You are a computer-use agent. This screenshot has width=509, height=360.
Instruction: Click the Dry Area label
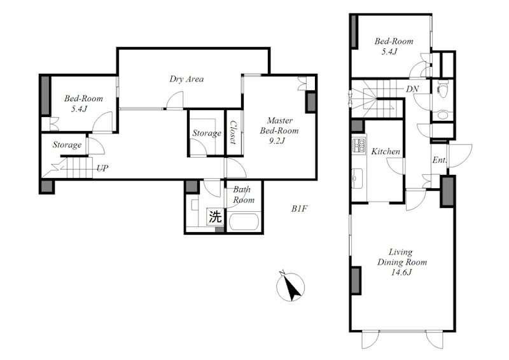[x=186, y=80]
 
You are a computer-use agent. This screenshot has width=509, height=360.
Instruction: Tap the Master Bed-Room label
[x=279, y=126]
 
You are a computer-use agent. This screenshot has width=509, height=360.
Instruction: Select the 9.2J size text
[x=277, y=141]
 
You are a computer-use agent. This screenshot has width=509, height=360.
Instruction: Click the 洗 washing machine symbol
[x=215, y=216]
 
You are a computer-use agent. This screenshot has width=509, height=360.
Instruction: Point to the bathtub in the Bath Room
[x=244, y=221]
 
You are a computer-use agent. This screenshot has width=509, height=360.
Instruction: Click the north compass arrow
[x=291, y=287]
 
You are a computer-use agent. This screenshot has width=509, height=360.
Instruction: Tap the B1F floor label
[x=298, y=209]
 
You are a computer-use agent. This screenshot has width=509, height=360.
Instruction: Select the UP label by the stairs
[x=102, y=169]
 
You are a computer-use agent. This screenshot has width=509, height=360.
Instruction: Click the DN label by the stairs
[x=412, y=89]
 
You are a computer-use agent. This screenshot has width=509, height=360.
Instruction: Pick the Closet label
[x=234, y=132]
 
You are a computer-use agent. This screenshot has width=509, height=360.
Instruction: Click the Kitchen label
[x=386, y=151]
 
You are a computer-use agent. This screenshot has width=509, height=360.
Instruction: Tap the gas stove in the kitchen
[x=359, y=144]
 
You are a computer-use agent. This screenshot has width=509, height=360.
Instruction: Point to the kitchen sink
[x=359, y=179]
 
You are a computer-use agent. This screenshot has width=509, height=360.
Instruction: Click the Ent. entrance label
[x=439, y=160]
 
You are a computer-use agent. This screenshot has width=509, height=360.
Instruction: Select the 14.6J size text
[x=401, y=272]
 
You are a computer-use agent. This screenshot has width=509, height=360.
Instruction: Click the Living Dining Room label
[x=402, y=257]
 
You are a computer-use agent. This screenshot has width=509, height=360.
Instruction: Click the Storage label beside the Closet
[x=206, y=133]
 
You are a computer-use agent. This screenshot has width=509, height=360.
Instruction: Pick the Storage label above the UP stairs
[x=67, y=145]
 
